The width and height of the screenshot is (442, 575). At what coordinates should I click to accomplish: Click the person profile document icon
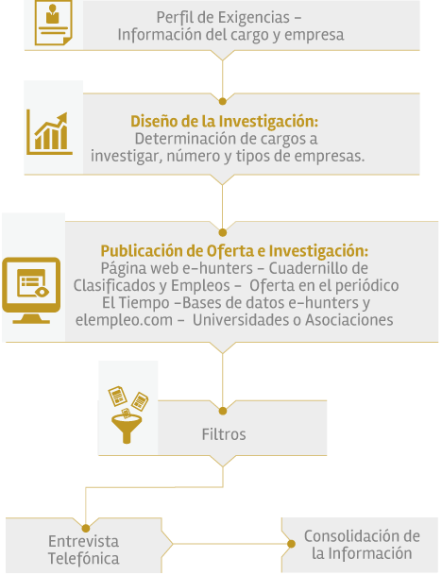click(53, 23)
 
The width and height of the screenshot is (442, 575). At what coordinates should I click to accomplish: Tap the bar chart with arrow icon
click(49, 133)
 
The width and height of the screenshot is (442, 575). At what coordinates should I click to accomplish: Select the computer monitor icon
click(31, 290)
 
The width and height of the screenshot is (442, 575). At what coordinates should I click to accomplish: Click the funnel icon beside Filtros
click(128, 414)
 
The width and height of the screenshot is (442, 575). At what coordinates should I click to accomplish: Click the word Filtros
click(224, 434)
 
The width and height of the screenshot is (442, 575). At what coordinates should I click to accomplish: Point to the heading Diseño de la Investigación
click(225, 122)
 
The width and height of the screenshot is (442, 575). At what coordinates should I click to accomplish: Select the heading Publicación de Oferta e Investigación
click(234, 251)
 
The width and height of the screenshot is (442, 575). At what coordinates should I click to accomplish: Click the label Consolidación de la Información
click(362, 545)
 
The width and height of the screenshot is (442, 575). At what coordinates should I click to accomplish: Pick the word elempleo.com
click(124, 320)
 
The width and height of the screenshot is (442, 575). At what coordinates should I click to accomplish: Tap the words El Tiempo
click(135, 303)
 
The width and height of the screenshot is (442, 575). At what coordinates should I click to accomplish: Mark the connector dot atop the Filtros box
click(223, 411)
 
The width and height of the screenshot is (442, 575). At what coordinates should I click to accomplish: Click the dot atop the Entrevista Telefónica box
click(86, 529)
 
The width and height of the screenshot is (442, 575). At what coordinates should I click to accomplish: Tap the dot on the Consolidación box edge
click(291, 544)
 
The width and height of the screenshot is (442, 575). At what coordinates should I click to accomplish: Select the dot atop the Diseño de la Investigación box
click(222, 101)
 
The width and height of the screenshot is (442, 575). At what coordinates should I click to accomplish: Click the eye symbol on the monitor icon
click(42, 292)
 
